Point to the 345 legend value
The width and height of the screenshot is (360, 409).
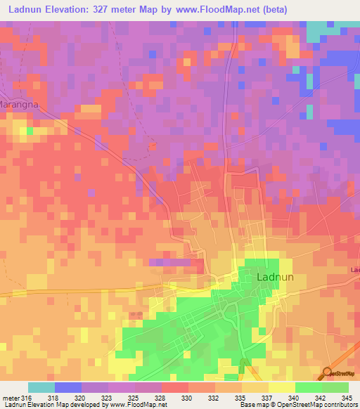(x=347, y=397)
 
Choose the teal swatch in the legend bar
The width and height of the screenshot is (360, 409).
(x=41, y=387)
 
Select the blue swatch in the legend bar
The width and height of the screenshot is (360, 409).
(x=68, y=387)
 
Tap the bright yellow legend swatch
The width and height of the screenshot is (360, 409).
(x=282, y=387)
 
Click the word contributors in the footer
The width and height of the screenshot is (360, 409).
(x=337, y=405)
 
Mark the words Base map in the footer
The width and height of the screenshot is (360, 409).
(x=249, y=405)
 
